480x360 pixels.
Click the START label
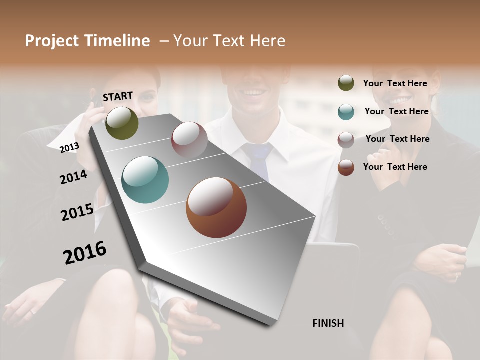pos(118,96)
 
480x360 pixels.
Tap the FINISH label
pos(328,323)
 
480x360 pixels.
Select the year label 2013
pos(69,147)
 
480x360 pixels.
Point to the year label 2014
pos(73,177)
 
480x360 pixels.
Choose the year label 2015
pos(77,212)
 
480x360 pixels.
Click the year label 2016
pos(85,253)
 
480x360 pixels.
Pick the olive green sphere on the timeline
pos(122,123)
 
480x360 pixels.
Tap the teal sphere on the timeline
pos(145,180)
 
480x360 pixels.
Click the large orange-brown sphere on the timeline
pos(216,207)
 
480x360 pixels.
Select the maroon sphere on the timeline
pos(189,140)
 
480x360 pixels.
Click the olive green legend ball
pos(346,83)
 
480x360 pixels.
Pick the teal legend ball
pos(346,112)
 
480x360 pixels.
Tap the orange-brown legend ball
pos(346,167)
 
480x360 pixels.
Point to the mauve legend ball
pos(346,140)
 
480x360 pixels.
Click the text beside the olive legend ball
pos(395,83)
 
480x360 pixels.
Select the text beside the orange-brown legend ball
pos(395,167)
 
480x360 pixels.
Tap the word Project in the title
pos(52,41)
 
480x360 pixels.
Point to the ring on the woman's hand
pos(32,311)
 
